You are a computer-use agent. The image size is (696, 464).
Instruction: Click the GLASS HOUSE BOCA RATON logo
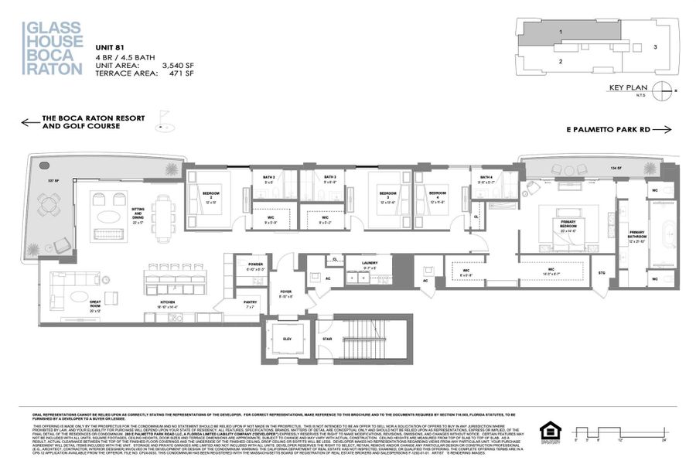coord(53,48)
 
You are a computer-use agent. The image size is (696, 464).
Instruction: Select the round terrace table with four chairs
coord(49,204)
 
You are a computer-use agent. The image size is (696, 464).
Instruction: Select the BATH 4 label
coord(486,178)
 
